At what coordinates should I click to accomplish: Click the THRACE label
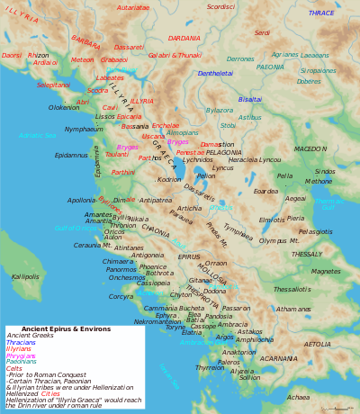coord(321,13)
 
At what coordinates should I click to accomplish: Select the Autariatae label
coord(133,7)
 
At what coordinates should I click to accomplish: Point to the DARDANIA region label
coord(184,39)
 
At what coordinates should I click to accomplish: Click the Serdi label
coord(262,32)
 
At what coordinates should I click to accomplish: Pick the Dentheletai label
coord(215,73)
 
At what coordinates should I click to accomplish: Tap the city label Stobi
coord(229,125)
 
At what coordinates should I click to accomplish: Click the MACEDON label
coord(310,148)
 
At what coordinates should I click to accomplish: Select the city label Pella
coord(284,176)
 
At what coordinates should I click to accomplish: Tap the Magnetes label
coord(326,271)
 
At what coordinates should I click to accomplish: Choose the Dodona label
coord(214,291)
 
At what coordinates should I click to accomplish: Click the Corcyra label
coord(121,296)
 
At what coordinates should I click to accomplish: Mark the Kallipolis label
coord(25,276)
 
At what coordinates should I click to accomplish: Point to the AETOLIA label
coord(316,344)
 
